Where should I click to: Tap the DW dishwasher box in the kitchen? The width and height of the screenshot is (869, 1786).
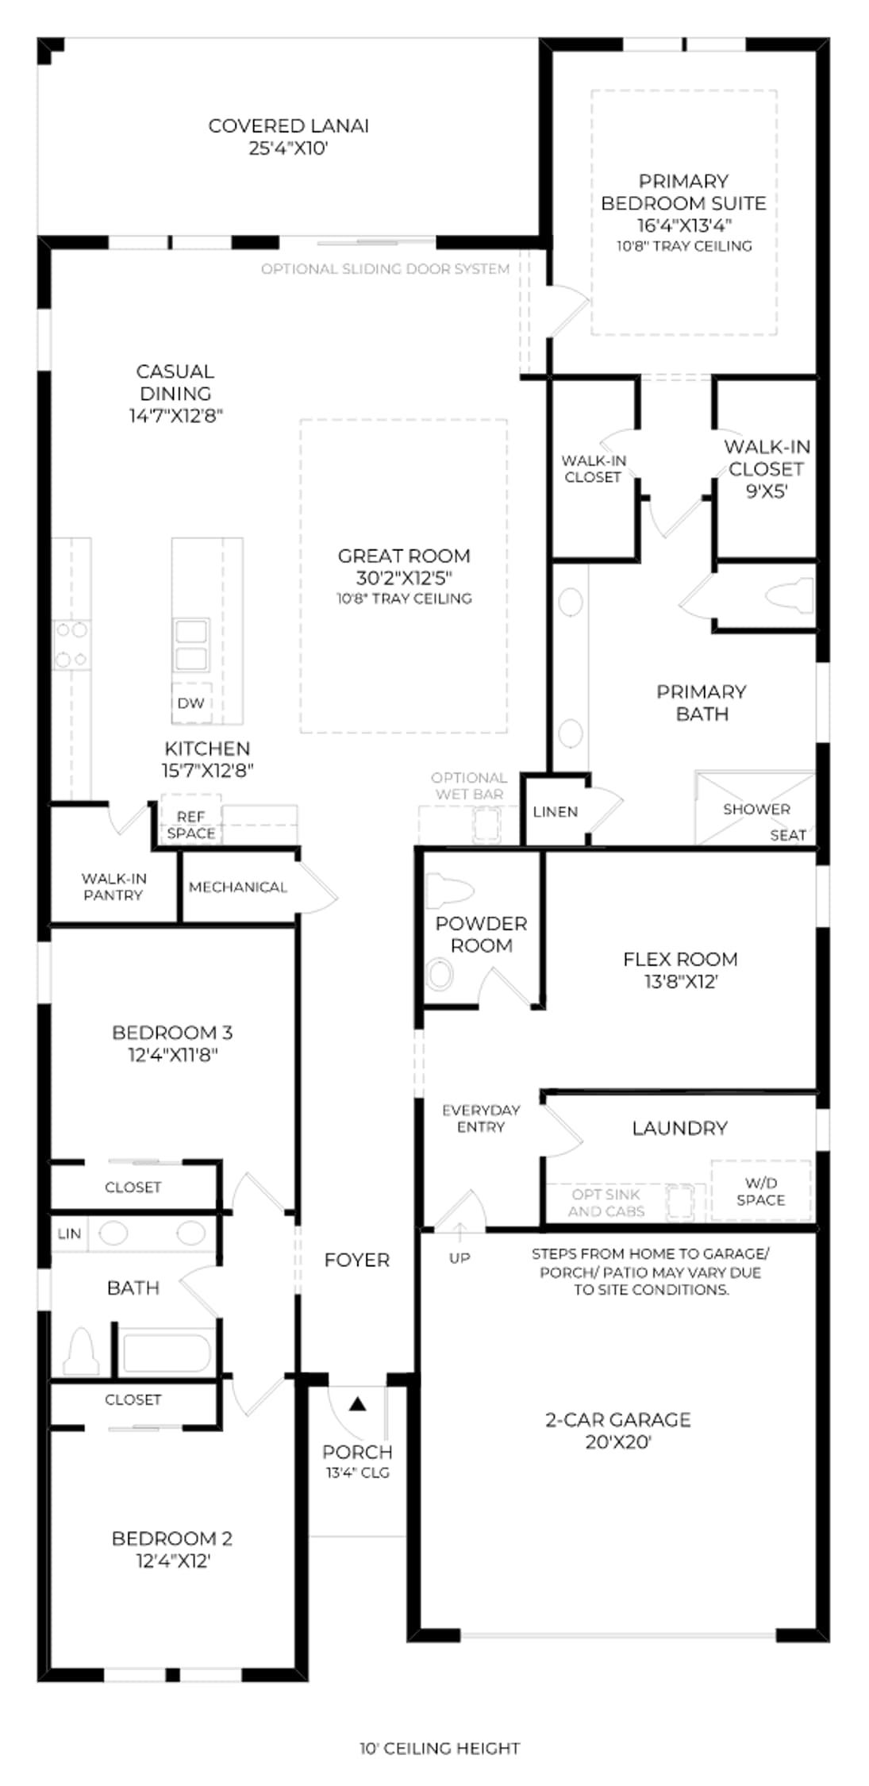[191, 702]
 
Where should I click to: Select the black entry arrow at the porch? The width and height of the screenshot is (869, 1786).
[358, 1404]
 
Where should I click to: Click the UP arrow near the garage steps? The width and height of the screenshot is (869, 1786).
[459, 1232]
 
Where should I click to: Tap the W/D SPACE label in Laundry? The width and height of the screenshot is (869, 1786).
[760, 1191]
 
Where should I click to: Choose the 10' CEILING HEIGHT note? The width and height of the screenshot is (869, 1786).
[440, 1748]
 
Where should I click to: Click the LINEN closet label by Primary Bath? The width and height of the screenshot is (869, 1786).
[556, 811]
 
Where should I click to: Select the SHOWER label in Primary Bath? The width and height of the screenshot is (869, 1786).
[756, 809]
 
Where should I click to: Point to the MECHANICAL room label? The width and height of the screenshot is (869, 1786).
[237, 887]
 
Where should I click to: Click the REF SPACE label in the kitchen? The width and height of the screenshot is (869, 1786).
[190, 825]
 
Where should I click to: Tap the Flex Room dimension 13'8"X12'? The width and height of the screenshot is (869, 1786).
[681, 982]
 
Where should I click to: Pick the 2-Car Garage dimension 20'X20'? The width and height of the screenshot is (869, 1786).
[618, 1442]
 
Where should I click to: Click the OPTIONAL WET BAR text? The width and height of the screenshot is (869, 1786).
[469, 786]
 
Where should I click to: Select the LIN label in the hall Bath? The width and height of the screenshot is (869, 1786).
[69, 1234]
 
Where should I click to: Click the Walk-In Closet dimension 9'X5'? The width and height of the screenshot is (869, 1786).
[767, 491]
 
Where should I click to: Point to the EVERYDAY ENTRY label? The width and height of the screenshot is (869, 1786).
[481, 1118]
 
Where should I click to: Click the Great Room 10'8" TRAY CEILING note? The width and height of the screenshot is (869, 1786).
[404, 599]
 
